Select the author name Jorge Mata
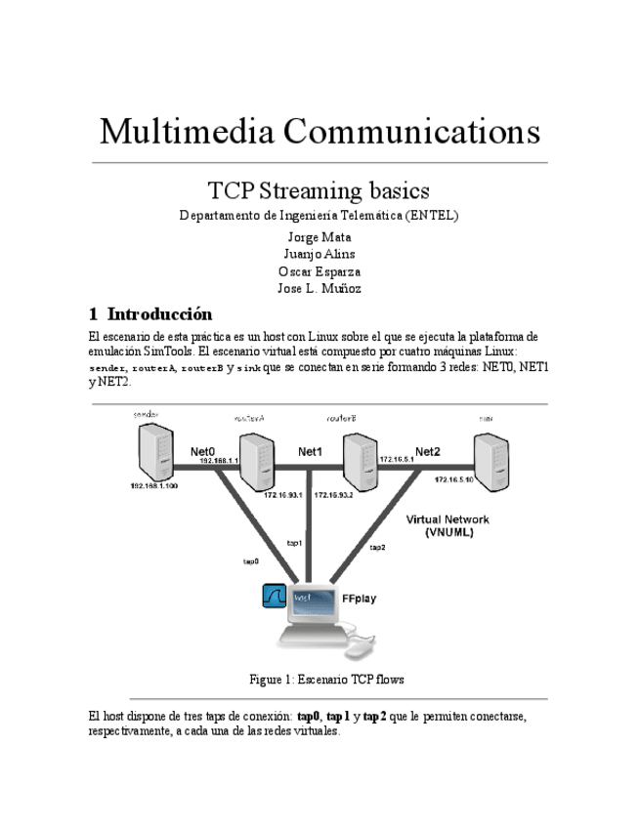(320, 236)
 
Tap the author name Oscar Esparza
(320, 271)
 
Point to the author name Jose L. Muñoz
(320, 289)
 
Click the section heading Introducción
(159, 314)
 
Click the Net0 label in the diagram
(202, 451)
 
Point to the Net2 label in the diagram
(428, 451)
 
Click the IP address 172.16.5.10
(454, 479)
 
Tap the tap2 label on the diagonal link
(377, 548)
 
